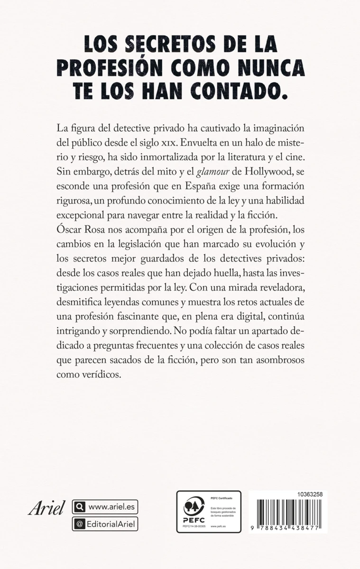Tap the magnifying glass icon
(x=79, y=507)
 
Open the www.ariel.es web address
(x=111, y=507)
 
